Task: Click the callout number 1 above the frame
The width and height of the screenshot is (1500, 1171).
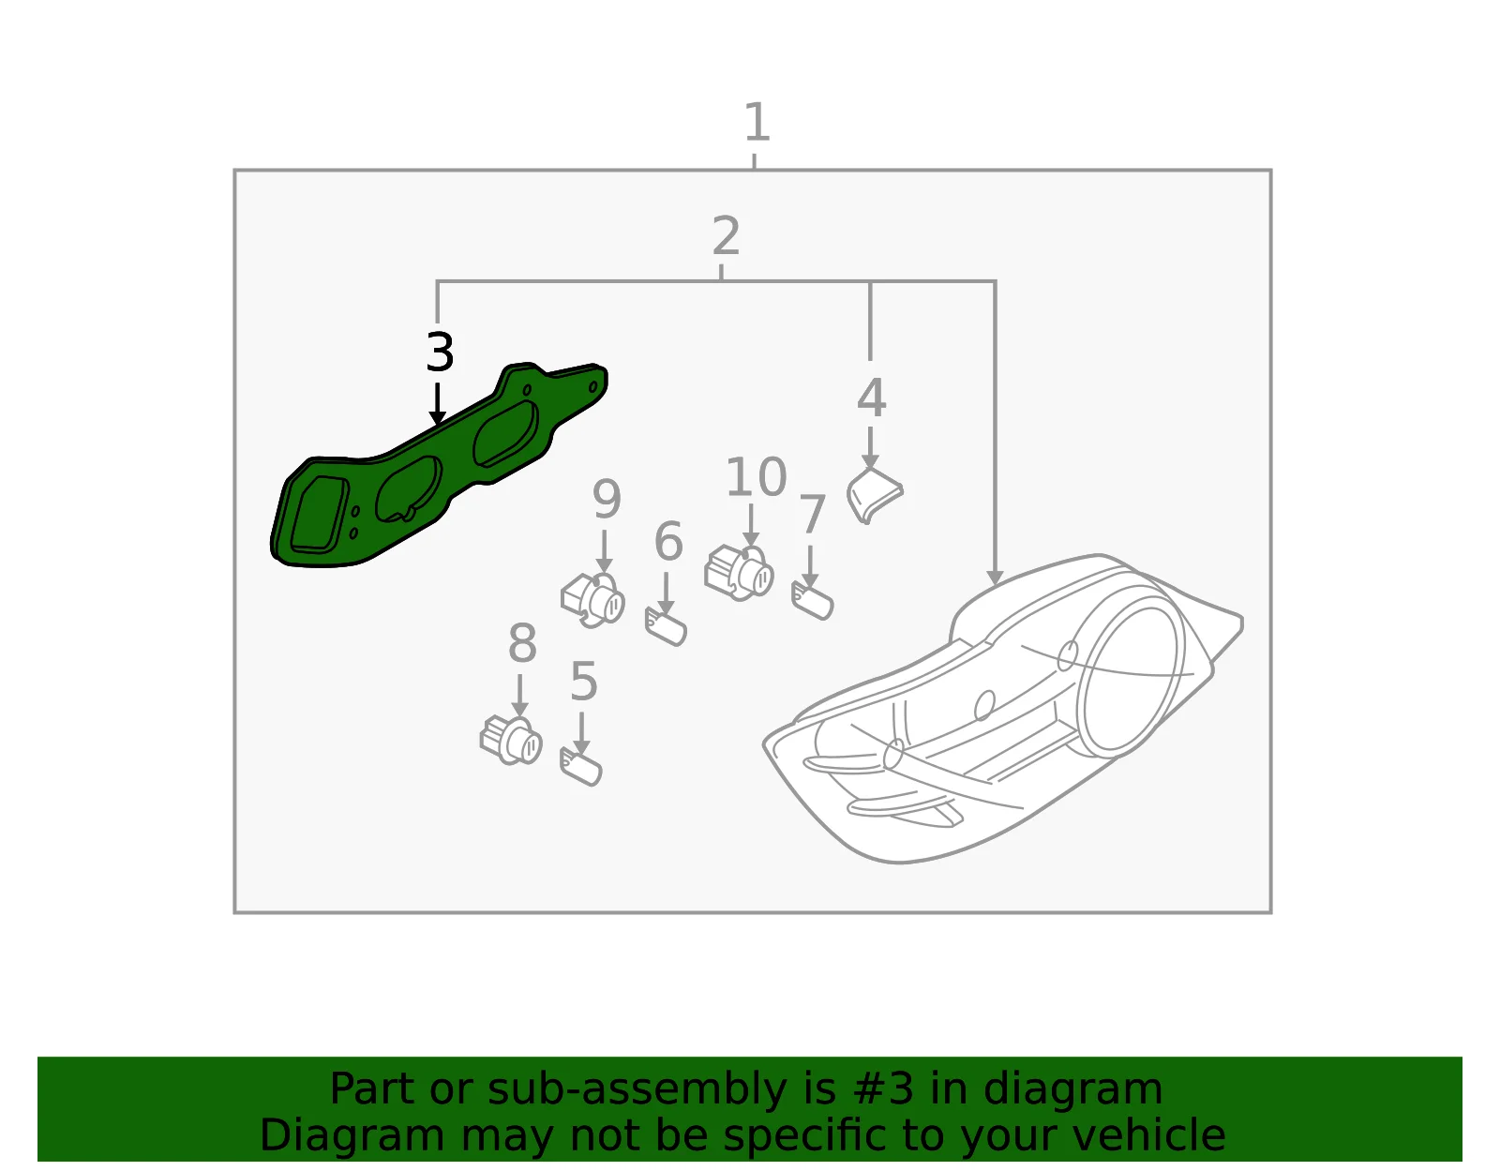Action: coord(757,122)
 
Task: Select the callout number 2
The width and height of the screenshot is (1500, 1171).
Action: coord(726,235)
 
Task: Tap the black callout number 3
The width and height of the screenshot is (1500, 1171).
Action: coord(440,352)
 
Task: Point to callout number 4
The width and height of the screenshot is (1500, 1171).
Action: coord(871,398)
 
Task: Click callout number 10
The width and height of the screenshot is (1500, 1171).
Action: coord(756,476)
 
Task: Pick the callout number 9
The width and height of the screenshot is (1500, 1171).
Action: coord(607,500)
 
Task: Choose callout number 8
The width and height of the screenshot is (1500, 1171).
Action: coord(522,643)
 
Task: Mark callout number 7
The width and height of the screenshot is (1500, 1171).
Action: coord(813,514)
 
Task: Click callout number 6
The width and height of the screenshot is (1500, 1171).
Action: coord(668,542)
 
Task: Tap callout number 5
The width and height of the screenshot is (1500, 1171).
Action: coord(583,681)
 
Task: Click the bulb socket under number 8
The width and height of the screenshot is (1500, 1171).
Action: coord(512,741)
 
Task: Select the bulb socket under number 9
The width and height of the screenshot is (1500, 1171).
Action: coord(592,599)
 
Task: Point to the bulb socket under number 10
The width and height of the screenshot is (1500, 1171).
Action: coord(739,573)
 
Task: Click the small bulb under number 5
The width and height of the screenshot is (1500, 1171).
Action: coord(581,766)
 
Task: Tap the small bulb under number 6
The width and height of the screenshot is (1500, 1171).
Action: coord(666,626)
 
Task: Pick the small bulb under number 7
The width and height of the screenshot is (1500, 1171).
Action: coord(813,600)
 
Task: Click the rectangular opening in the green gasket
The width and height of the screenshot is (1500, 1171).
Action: coord(319,515)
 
